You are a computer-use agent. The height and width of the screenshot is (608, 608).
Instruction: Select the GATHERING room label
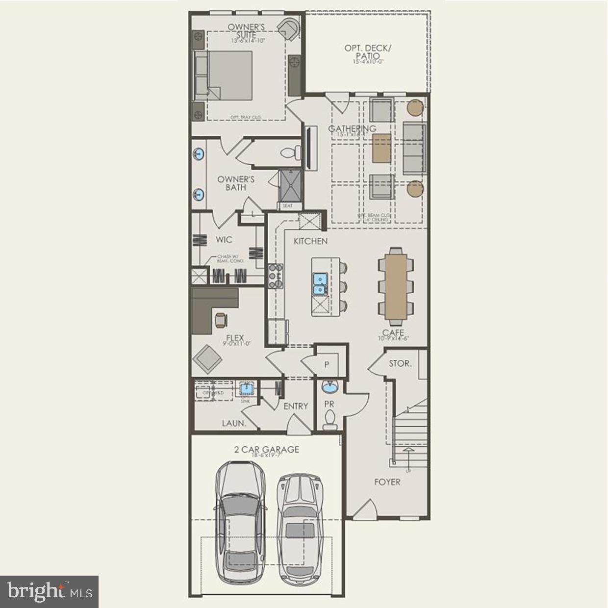point(352,129)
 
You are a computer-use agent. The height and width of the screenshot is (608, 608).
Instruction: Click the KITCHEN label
point(310,241)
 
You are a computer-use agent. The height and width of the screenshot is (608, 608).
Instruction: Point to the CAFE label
point(393,333)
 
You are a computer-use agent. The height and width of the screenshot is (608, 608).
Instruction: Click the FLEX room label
point(235,338)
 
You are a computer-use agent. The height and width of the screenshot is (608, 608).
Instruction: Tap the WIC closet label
point(224,240)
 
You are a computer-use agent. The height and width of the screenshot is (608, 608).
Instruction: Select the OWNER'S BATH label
point(236,183)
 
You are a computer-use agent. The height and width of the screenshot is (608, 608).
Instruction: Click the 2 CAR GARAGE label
point(266,450)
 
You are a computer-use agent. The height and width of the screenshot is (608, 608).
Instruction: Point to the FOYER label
point(387,482)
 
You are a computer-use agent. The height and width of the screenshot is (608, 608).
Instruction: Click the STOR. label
point(400,364)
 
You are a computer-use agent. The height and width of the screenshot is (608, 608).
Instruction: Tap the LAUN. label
point(233,423)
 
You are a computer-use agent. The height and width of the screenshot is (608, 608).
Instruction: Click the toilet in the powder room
point(330,420)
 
